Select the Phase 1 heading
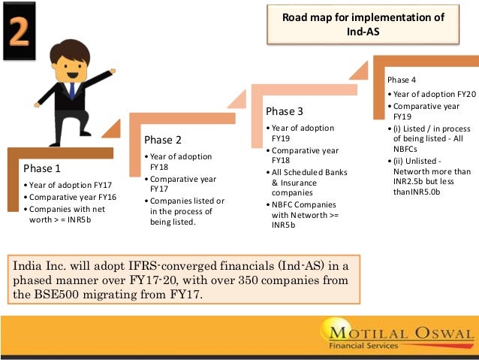pos(43,168)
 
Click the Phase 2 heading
pos(164,140)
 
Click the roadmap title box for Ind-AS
pos(363,24)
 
